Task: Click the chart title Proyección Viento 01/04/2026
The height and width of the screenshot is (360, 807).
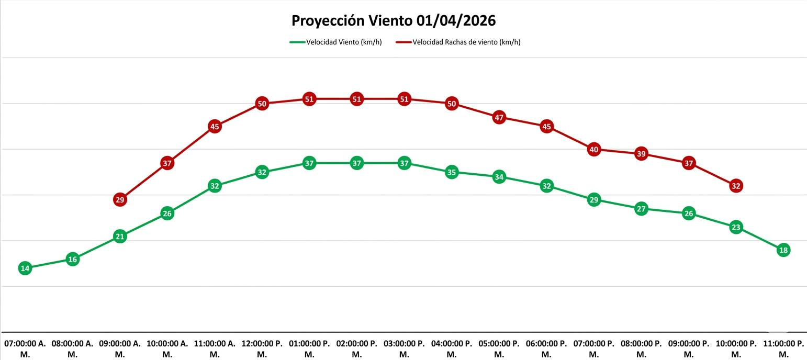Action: (x=393, y=21)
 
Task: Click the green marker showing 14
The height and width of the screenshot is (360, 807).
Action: (x=25, y=268)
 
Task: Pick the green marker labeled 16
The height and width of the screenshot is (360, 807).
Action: (x=73, y=259)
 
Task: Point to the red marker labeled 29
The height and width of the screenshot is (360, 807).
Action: (x=120, y=199)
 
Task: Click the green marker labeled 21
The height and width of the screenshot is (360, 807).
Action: (x=120, y=237)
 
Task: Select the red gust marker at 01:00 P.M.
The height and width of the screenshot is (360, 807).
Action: (x=309, y=99)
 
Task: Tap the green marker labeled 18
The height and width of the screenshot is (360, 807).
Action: (x=783, y=250)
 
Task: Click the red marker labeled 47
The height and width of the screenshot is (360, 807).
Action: (x=499, y=118)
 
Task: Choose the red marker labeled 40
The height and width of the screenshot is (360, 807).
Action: (x=593, y=150)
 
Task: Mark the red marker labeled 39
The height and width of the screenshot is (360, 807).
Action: (x=641, y=154)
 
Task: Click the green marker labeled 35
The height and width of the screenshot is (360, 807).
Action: (x=452, y=172)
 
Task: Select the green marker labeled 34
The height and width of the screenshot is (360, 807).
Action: (x=499, y=177)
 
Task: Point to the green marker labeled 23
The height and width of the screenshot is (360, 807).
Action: (x=736, y=227)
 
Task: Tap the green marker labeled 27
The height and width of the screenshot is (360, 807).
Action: (x=641, y=209)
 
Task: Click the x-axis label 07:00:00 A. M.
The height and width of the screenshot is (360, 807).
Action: (x=25, y=348)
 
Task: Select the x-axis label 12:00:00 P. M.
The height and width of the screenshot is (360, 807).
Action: (x=262, y=348)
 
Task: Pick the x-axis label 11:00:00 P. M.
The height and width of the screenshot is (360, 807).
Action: (x=783, y=348)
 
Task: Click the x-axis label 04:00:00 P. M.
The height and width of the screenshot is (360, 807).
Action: (x=452, y=348)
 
